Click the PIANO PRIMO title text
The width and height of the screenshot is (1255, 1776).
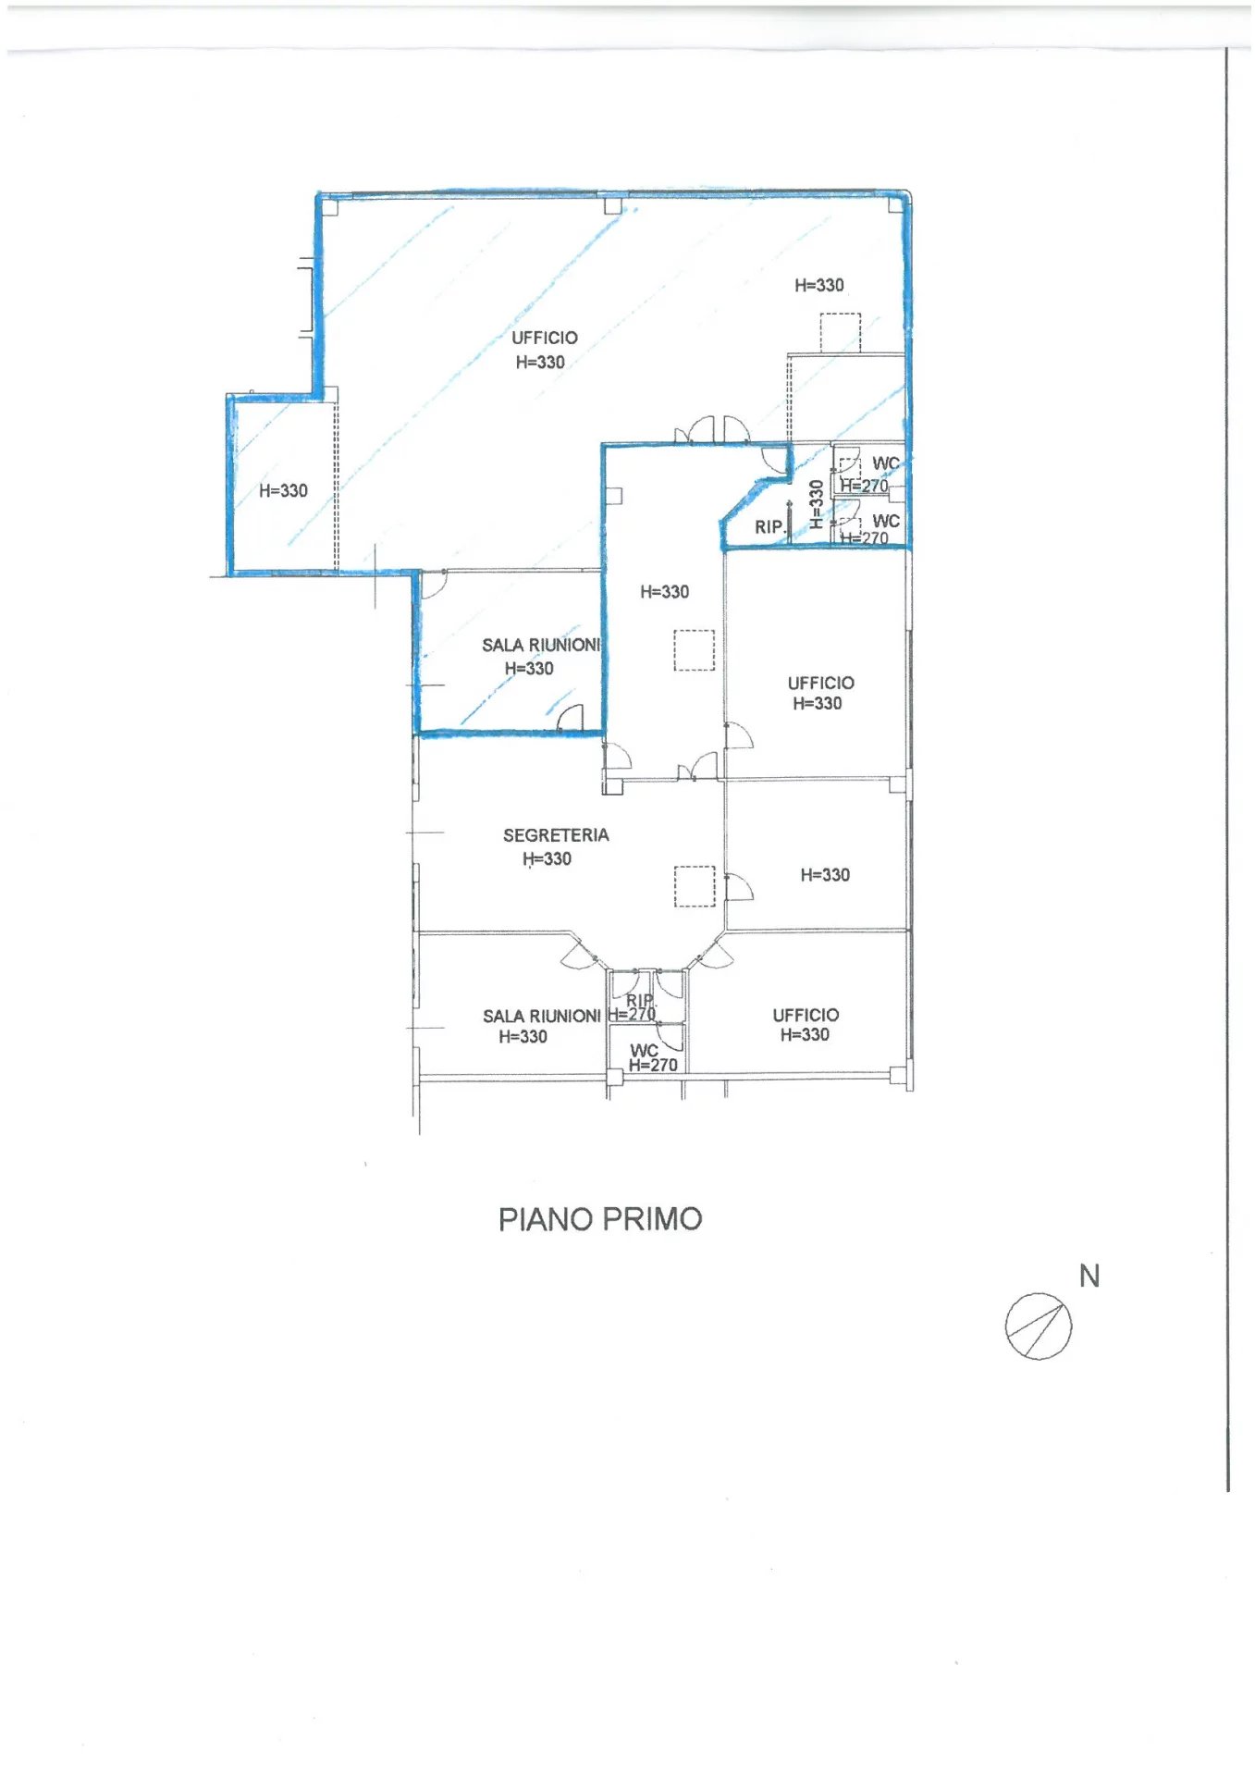[x=600, y=1219]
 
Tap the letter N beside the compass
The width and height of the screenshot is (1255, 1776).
[x=1089, y=1276]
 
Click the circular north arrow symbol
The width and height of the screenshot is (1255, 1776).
[x=1039, y=1326]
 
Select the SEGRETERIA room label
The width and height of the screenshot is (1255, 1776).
[x=556, y=835]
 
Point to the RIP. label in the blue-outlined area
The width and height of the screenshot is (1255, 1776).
[x=769, y=527]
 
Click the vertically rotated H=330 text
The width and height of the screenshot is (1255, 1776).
[x=817, y=503]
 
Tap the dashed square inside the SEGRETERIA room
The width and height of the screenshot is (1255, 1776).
[x=695, y=886]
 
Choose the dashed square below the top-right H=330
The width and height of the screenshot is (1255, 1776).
[x=841, y=333]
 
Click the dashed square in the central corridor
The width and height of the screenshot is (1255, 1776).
[x=695, y=650]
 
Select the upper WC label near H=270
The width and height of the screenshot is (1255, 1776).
[x=886, y=463]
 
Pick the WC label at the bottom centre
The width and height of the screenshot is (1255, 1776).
[x=644, y=1051]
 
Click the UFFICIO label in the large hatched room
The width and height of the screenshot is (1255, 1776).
[x=545, y=338]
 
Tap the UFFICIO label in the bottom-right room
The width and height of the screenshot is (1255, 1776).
[x=806, y=1015]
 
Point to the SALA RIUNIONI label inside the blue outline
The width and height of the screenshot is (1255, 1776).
[x=541, y=645]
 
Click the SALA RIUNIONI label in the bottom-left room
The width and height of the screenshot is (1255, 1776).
[x=542, y=1016]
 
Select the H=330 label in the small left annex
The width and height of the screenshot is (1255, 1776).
[x=283, y=491]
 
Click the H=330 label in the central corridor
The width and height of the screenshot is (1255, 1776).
[x=665, y=592]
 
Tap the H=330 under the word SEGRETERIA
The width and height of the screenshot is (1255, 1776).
[x=547, y=859]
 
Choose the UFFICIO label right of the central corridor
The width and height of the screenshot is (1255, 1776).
[x=821, y=683]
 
